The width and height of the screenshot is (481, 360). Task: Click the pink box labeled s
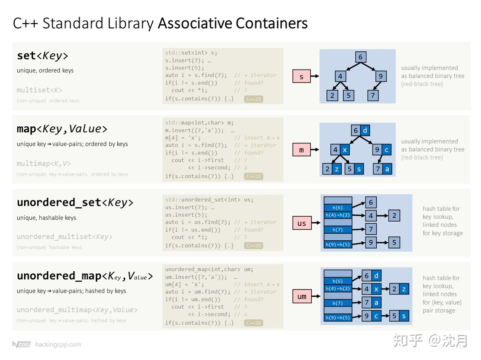click(301, 76)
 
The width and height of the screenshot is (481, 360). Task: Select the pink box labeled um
click(302, 296)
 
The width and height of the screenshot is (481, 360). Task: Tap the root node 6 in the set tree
click(360, 57)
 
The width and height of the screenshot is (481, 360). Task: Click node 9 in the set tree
click(380, 76)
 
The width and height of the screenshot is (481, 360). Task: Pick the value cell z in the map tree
click(337, 169)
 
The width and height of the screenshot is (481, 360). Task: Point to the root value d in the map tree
click(365, 130)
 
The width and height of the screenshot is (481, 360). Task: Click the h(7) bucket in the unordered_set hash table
click(338, 230)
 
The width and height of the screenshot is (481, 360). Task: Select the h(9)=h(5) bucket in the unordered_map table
click(338, 318)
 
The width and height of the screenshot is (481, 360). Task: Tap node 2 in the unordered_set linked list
click(394, 216)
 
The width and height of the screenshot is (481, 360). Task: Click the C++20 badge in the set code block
click(254, 99)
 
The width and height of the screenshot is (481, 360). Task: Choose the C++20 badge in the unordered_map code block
click(254, 323)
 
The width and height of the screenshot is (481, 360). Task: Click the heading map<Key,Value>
click(62, 129)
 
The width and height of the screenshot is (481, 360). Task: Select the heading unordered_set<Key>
click(75, 203)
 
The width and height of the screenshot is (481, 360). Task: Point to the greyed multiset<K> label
click(39, 90)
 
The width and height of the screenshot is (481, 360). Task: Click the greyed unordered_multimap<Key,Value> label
click(77, 310)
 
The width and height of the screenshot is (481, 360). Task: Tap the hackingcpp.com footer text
click(58, 344)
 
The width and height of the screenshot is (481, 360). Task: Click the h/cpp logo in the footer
click(22, 344)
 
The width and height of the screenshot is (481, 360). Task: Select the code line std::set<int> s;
click(191, 53)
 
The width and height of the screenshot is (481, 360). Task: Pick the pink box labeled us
click(302, 223)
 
